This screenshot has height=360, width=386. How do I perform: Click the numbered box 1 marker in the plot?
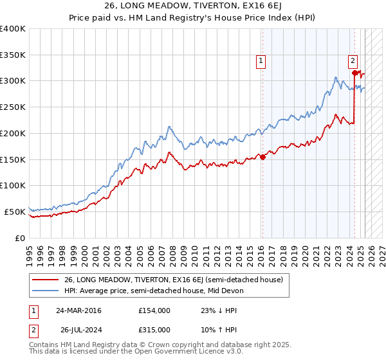261,61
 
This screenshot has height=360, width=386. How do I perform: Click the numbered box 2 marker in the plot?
353,61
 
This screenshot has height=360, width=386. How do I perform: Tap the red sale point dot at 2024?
354,73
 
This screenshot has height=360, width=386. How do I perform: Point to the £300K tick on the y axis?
13,81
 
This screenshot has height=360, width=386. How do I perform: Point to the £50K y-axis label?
15,212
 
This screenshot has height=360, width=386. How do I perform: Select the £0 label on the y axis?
20,238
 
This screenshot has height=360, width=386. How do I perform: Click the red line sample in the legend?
46,280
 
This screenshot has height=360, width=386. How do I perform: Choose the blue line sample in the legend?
46,291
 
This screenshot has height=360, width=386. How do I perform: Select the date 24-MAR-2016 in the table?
78,310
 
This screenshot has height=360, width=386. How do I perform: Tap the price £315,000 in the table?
154,329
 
